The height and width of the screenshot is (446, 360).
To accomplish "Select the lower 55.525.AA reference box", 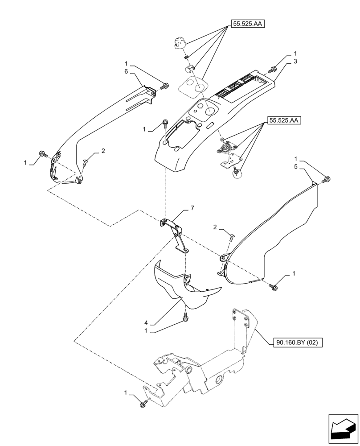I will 284,120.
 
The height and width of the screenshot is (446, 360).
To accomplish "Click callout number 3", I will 295,61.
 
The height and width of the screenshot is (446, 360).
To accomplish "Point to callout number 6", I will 126,71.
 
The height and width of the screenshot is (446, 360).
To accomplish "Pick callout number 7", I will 192,208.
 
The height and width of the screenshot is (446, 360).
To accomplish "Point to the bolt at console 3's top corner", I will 273,70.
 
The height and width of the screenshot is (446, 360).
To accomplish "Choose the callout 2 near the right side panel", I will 215,227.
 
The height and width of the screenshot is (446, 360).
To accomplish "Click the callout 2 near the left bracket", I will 103,151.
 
